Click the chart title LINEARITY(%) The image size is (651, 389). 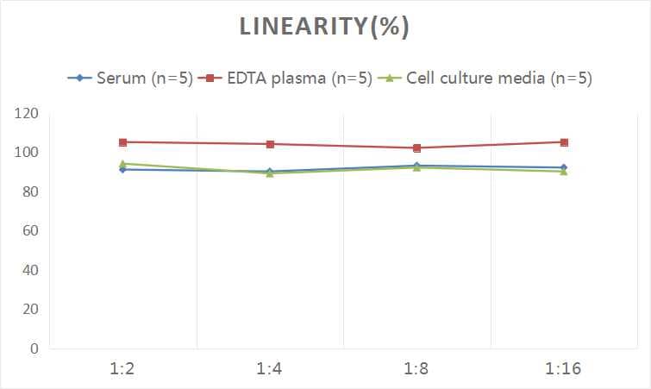[x=324, y=27]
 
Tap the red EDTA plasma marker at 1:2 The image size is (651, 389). [x=123, y=142]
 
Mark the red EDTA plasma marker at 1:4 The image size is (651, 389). [x=270, y=144]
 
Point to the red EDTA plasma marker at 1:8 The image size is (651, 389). [x=417, y=148]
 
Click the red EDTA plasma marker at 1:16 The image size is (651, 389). [x=564, y=142]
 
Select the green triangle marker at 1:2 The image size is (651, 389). [x=123, y=163]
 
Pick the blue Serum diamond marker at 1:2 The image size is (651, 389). [x=123, y=170]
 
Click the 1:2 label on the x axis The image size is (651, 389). [x=123, y=369]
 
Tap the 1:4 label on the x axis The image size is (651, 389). [x=270, y=369]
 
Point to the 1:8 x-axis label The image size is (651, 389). [x=417, y=369]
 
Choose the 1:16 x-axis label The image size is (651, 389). [x=564, y=369]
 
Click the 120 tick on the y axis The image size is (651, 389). [x=27, y=114]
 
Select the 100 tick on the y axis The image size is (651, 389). [x=27, y=153]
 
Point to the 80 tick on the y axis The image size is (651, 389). [x=30, y=192]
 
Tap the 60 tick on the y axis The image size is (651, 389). [x=30, y=231]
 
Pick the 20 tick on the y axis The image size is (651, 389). [x=30, y=310]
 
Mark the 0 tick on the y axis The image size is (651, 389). [x=34, y=348]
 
